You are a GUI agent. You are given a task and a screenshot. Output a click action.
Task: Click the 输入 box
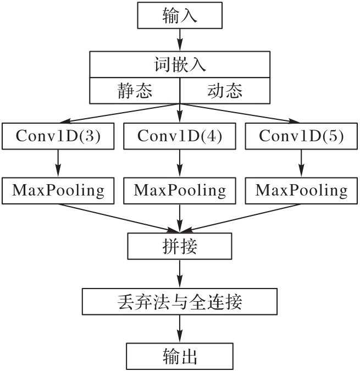coord(180,16)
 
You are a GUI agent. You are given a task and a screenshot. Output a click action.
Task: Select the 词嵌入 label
coord(180,65)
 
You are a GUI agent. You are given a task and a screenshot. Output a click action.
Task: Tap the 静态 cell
coord(135,90)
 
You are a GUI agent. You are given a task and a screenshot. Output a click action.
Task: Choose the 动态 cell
coord(225,90)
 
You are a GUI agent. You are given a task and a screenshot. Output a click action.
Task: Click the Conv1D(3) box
coord(58,136)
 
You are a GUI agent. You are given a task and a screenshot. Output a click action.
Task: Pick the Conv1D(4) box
coord(180,136)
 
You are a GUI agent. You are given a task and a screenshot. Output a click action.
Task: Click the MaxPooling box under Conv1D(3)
coord(58,190)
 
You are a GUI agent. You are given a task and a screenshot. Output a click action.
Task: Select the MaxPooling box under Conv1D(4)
coord(180,190)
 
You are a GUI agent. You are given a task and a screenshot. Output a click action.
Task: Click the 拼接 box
coord(180,246)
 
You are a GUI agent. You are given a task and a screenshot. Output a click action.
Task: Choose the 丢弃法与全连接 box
coord(180,301)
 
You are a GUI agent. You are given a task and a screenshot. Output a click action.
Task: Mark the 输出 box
coord(180,356)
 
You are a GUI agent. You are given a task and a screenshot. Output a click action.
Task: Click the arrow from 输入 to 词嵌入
coord(180,40)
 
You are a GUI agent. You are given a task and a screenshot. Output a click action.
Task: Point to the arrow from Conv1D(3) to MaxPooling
coord(58,163)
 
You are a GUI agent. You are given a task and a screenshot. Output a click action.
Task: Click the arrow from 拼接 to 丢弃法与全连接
coord(180,273)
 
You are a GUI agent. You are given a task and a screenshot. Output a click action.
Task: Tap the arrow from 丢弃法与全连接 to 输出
coord(180,329)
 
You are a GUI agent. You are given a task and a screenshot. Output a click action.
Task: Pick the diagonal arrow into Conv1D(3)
coord(118,113)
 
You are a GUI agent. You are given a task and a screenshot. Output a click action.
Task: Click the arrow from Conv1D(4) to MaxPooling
coord(180,163)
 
